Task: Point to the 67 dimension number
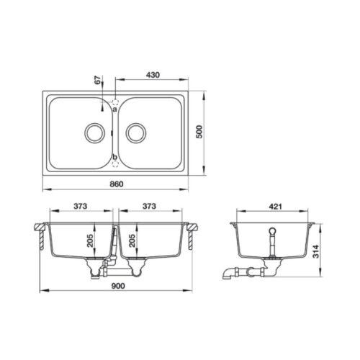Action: click(x=97, y=80)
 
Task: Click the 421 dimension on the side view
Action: click(x=274, y=207)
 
